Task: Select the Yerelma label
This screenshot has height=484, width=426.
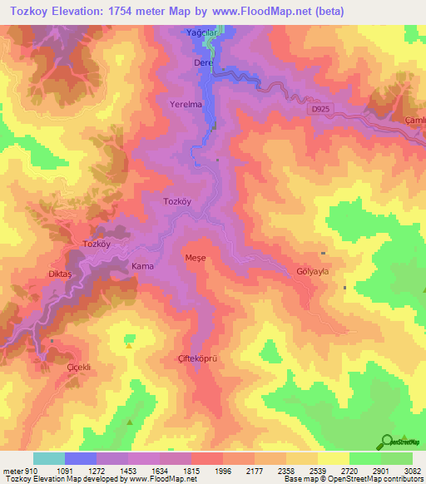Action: click(186, 106)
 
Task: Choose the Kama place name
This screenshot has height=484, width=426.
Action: click(141, 266)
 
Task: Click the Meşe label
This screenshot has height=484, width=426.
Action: click(195, 258)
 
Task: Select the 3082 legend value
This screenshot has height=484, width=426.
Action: click(412, 470)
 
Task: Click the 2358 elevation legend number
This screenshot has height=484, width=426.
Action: click(285, 470)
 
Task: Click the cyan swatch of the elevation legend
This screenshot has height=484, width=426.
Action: click(49, 458)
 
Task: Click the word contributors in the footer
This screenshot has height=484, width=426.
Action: click(403, 480)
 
